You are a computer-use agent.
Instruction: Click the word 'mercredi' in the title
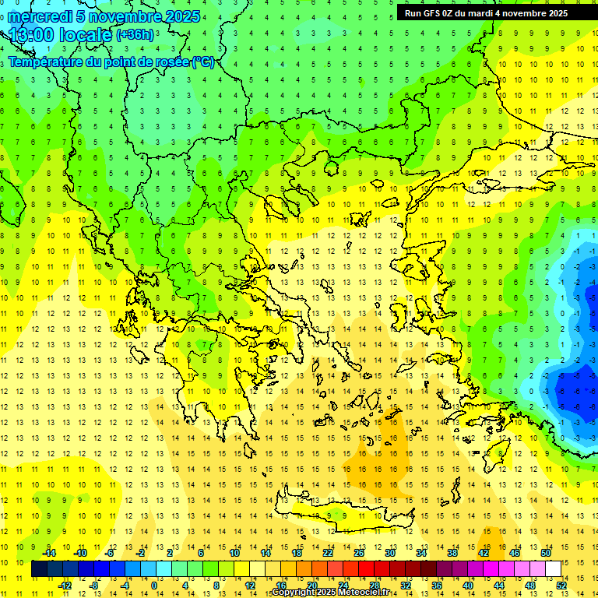click(39, 16)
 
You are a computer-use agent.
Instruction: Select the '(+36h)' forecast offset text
click(135, 35)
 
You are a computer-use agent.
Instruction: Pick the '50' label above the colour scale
click(545, 552)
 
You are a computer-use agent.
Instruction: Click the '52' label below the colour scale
click(562, 586)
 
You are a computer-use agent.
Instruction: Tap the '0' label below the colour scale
click(154, 586)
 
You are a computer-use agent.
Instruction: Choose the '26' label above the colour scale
click(359, 552)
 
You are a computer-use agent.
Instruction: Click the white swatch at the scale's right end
click(553, 569)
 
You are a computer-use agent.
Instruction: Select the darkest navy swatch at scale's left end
click(40, 569)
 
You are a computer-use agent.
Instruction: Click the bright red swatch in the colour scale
click(366, 569)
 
